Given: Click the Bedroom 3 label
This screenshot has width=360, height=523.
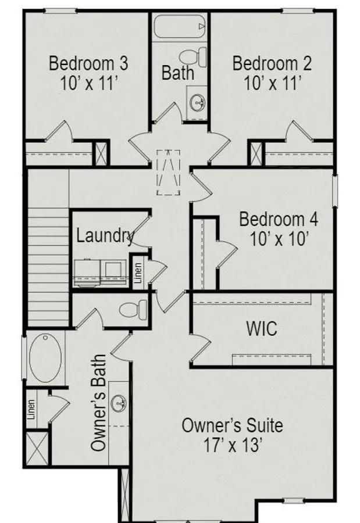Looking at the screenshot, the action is (x=88, y=63).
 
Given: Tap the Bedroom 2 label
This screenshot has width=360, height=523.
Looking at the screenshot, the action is (x=272, y=63).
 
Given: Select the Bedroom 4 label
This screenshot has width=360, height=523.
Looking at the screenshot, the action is (x=279, y=220).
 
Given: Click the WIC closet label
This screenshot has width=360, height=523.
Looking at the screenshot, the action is (x=262, y=328).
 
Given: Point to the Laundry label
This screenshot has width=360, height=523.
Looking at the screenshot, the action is (x=105, y=236).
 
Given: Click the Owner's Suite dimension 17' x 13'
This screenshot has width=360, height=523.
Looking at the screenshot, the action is (x=232, y=445).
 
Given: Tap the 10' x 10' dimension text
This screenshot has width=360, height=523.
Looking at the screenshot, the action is (x=279, y=239).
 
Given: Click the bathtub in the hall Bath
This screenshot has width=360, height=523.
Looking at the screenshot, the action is (x=179, y=26).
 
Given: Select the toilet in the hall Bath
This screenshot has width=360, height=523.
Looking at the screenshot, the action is (x=193, y=57).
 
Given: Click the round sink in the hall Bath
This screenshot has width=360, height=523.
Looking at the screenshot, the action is (x=197, y=102).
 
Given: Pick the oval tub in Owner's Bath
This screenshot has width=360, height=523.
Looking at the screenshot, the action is (x=45, y=358).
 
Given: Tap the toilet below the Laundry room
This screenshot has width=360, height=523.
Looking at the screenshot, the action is (x=133, y=309).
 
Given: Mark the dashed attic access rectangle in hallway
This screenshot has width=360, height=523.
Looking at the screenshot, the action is (x=169, y=172).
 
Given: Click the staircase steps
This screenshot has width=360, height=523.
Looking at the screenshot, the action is (x=48, y=267).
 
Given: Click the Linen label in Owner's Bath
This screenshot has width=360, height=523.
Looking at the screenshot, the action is (x=31, y=409).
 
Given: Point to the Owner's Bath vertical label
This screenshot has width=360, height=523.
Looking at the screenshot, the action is (x=99, y=403).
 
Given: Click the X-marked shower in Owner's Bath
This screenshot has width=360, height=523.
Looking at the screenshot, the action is (x=37, y=448).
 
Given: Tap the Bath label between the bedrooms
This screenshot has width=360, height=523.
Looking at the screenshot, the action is (x=177, y=73).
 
